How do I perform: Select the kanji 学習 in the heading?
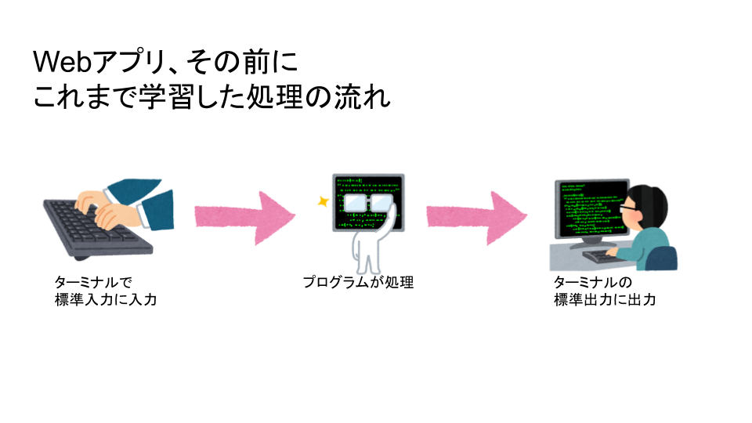pyautogui.click(x=185, y=98)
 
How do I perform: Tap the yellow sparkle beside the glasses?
pyautogui.click(x=321, y=201)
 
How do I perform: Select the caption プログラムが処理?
pyautogui.click(x=358, y=282)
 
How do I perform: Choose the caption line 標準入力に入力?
pyautogui.click(x=106, y=299)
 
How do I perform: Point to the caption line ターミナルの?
pyautogui.click(x=592, y=282)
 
